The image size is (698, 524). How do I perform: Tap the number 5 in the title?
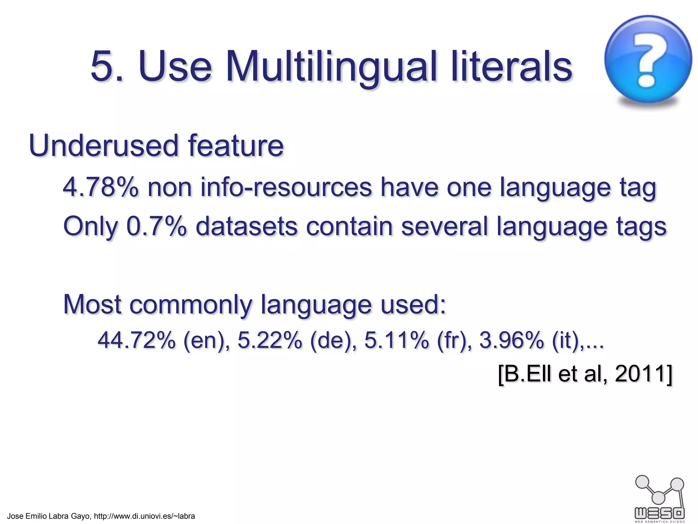tap(102, 67)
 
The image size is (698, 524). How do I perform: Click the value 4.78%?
tap(101, 187)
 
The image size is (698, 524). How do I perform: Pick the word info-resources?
tap(286, 187)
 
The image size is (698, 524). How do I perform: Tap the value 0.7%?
tap(156, 227)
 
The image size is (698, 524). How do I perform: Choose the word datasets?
tap(246, 227)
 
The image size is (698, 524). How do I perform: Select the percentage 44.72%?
tap(136, 340)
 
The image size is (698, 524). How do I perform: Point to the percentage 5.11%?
tap(396, 340)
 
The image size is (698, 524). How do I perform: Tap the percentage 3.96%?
tap(511, 340)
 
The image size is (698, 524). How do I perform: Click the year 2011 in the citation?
tap(640, 374)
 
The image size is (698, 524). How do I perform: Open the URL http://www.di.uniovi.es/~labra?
tap(144, 516)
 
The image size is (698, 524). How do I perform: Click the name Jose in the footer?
tap(15, 516)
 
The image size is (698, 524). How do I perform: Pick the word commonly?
tap(190, 304)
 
